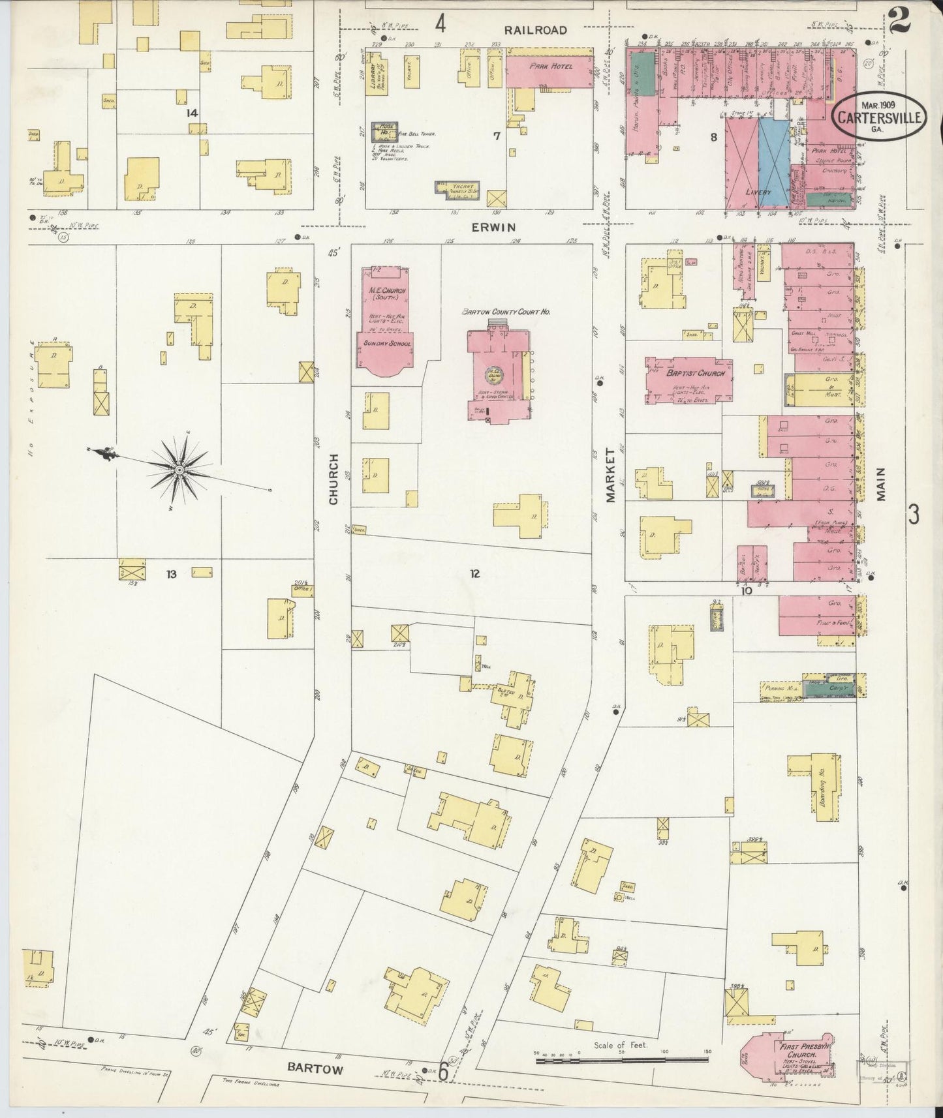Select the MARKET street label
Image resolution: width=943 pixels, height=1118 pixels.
click(x=611, y=475)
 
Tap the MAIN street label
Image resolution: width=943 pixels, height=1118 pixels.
click(x=881, y=484)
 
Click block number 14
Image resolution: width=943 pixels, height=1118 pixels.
click(x=191, y=113)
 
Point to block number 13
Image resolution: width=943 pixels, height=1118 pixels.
click(x=171, y=574)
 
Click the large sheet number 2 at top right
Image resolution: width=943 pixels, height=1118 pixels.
click(x=899, y=20)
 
